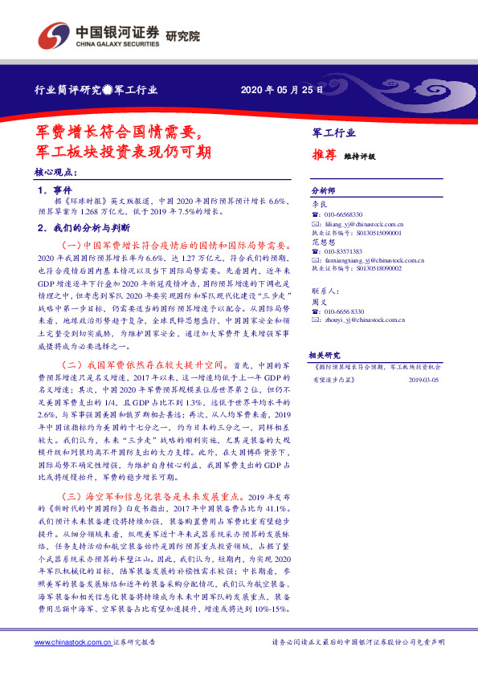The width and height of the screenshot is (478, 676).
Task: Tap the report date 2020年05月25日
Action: (282, 89)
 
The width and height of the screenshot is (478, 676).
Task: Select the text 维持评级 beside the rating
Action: (359, 157)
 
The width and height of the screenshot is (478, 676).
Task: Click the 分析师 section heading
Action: (322, 191)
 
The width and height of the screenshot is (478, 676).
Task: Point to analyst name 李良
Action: (318, 205)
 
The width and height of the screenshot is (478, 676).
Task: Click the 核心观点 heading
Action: (55, 173)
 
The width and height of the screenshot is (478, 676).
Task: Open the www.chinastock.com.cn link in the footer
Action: (72, 642)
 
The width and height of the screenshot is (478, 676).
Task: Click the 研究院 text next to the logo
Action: (182, 35)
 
